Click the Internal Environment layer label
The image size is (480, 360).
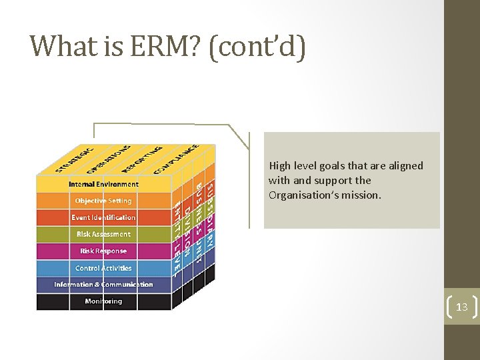point(103,184)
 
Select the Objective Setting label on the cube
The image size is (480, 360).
point(103,201)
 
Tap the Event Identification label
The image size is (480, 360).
point(103,217)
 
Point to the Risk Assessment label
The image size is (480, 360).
point(103,234)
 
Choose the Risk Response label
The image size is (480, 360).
point(103,251)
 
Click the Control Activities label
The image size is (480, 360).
point(103,268)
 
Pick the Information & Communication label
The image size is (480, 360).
point(103,285)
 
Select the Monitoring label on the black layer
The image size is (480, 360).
point(103,301)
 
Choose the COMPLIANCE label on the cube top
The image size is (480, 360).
point(176,158)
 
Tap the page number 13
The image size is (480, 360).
point(461,307)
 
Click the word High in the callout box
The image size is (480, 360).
point(280,166)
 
